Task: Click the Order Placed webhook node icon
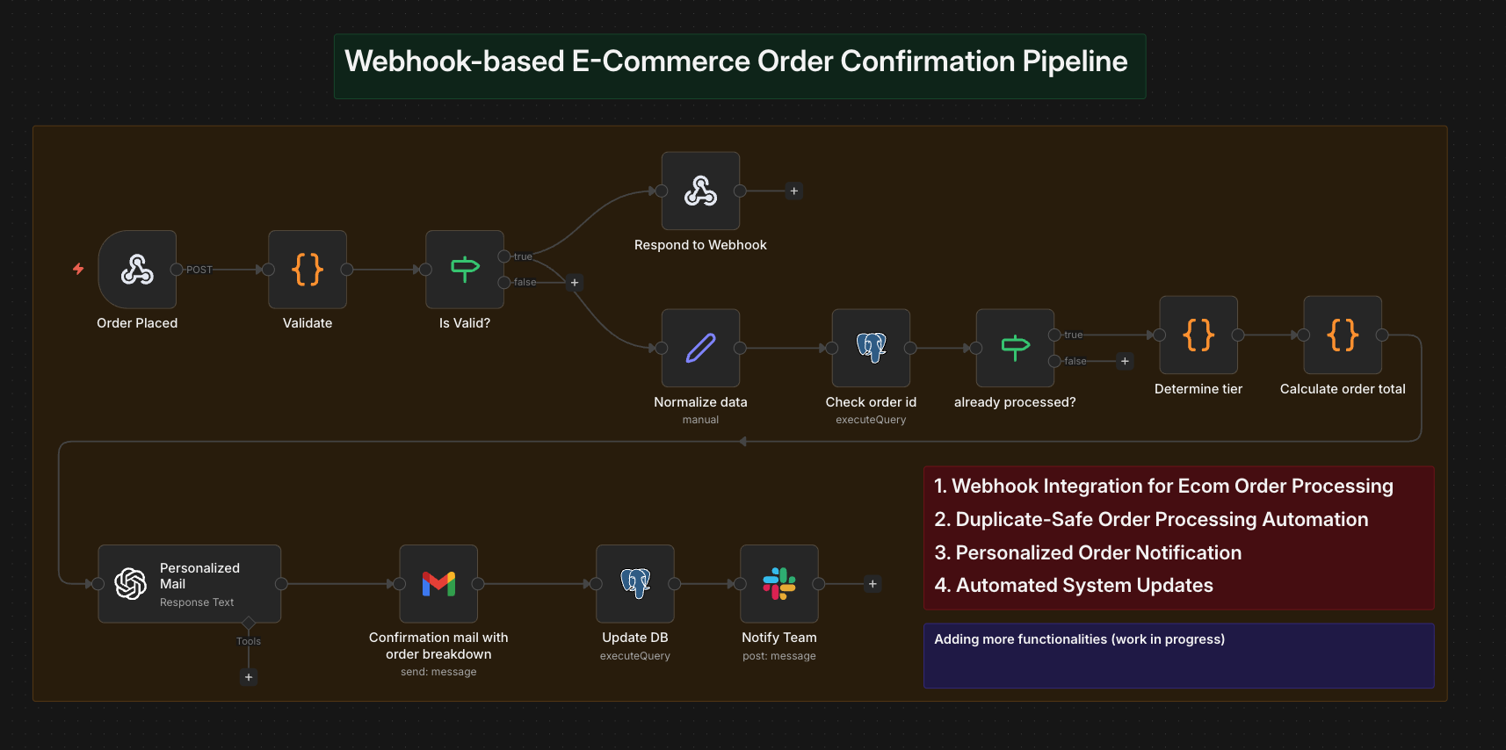(x=137, y=270)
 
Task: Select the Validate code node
(x=308, y=270)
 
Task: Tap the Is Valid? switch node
(x=465, y=270)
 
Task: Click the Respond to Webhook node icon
(x=700, y=191)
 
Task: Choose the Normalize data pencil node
(x=700, y=348)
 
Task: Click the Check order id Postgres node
(x=871, y=348)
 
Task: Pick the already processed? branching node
(x=1015, y=348)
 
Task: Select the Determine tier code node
(x=1198, y=335)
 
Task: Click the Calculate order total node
(x=1343, y=335)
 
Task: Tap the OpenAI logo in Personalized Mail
(x=131, y=583)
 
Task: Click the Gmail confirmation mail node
(x=438, y=583)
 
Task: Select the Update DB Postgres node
(x=635, y=583)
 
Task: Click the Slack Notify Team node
(x=779, y=583)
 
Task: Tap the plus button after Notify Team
(x=872, y=584)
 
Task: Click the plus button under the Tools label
(x=249, y=677)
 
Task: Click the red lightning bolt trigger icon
(x=78, y=269)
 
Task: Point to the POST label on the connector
(x=199, y=270)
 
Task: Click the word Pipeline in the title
(x=1075, y=61)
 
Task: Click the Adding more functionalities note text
(x=1079, y=639)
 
